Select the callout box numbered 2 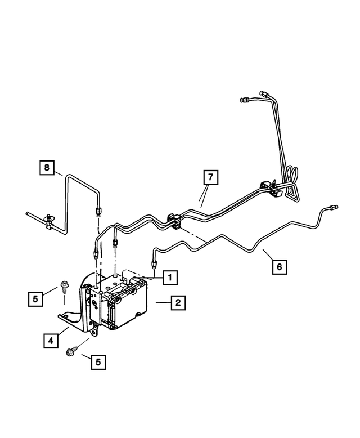(177, 303)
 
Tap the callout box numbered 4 (50, 340)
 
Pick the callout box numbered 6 (277, 265)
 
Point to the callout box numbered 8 (47, 167)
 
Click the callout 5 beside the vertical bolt (36, 298)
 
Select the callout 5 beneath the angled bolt (98, 363)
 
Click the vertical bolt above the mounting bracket (63, 288)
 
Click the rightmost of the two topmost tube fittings (263, 93)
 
